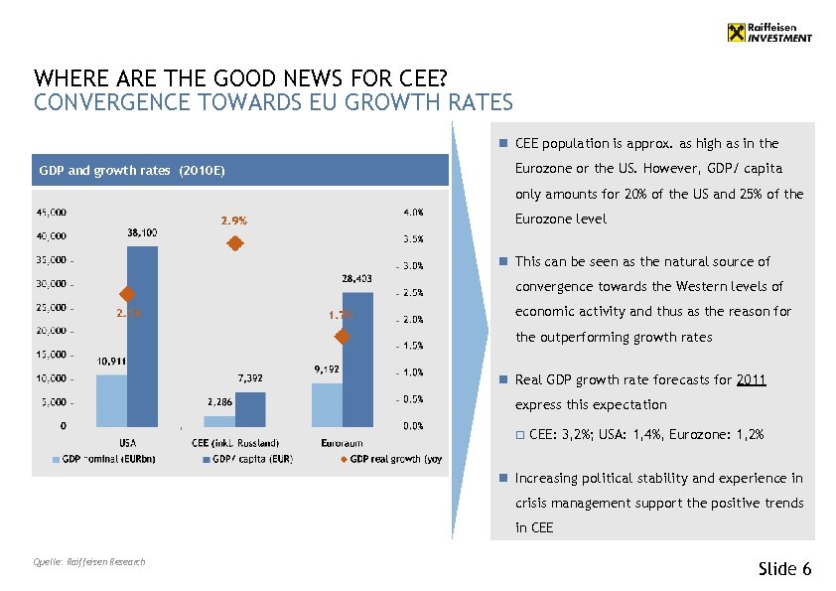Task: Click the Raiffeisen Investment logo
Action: point(769,32)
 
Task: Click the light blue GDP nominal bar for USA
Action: point(111,399)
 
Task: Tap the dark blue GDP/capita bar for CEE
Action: point(250,407)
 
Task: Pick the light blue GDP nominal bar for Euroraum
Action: point(327,403)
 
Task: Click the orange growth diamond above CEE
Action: point(235,244)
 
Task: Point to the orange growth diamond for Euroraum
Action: point(343,337)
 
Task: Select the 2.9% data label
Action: point(234,221)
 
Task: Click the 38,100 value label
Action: point(142,232)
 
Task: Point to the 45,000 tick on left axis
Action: point(52,212)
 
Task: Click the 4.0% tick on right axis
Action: point(413,212)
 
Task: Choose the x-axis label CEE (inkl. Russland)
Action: point(235,443)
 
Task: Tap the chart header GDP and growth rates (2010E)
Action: point(132,171)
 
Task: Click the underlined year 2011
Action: point(752,379)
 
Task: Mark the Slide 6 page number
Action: point(784,568)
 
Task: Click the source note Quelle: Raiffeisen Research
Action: point(89,562)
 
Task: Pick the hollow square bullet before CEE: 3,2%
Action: point(519,434)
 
